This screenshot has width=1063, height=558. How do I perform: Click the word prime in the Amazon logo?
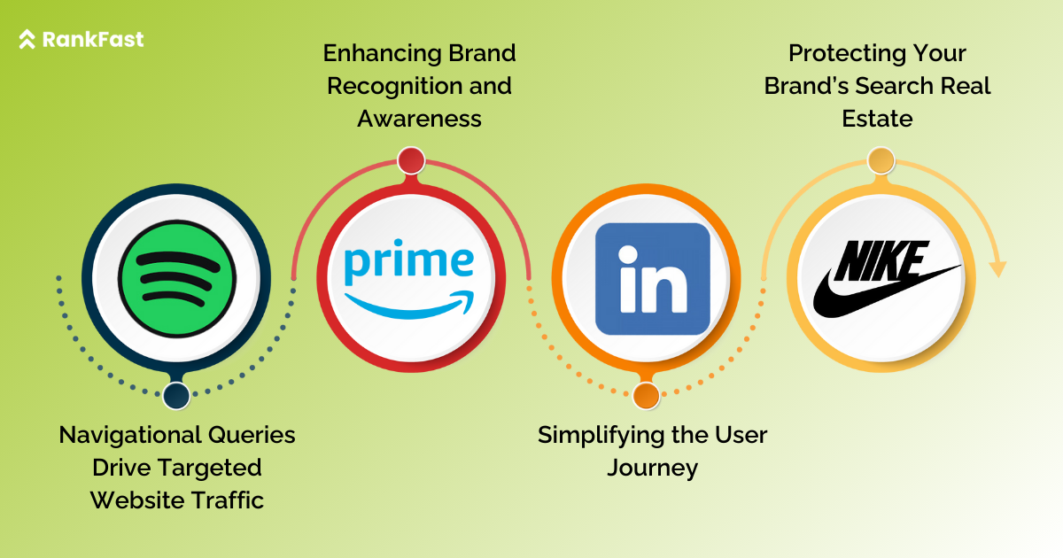coord(409,262)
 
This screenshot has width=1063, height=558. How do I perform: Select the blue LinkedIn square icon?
coord(653,279)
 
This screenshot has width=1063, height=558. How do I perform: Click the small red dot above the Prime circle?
coord(411,160)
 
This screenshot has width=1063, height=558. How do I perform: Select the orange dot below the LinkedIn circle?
coord(646,396)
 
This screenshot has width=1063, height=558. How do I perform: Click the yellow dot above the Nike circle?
coord(881,161)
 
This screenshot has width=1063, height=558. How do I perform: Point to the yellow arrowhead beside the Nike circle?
coord(997,267)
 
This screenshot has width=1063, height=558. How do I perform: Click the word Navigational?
coord(128,435)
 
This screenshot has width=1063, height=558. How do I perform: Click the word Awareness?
coord(419,118)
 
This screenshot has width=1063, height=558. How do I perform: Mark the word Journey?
coord(652,468)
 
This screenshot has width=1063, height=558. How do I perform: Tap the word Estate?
coord(877,118)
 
